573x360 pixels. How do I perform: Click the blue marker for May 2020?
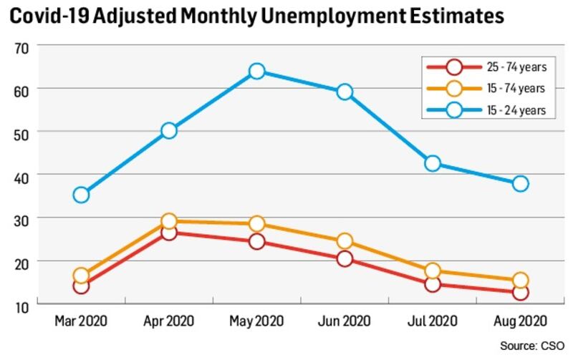pos(257,72)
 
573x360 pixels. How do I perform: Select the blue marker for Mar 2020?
pos(81,195)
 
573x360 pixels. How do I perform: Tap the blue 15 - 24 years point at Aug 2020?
pos(521,183)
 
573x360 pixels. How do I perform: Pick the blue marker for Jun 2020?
pos(345,92)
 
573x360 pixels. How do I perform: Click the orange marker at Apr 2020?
pos(169,221)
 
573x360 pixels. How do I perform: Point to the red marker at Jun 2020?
pos(345,258)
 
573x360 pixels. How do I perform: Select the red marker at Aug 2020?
pos(521,292)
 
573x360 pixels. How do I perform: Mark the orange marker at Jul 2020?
pos(433,271)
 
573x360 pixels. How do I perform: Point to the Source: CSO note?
pos(534,346)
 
